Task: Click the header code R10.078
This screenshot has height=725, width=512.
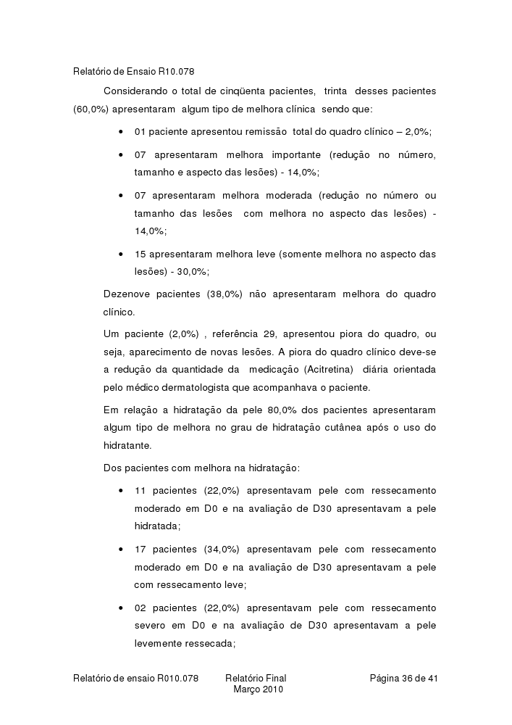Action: tap(176, 72)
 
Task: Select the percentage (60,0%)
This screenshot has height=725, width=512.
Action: tap(91, 109)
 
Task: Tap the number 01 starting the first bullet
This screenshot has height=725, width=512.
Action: tap(141, 132)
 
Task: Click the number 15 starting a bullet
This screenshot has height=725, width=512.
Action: tap(141, 254)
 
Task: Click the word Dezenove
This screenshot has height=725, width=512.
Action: tap(129, 294)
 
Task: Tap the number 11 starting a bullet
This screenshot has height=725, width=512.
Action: tap(141, 491)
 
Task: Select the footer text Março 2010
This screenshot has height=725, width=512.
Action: tap(258, 689)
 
